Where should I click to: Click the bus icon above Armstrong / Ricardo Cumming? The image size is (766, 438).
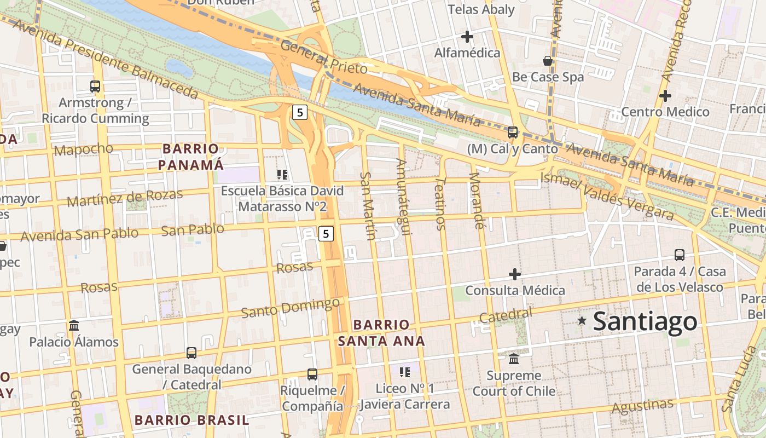[95, 86]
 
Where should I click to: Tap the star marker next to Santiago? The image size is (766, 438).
[582, 320]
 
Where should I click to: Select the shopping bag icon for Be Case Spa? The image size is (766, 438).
[548, 60]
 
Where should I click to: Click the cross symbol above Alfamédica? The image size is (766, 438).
[467, 37]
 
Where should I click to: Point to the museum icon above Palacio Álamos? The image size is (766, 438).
[74, 326]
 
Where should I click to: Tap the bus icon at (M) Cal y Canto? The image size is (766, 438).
[513, 132]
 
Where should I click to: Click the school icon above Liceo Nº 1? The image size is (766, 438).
[405, 373]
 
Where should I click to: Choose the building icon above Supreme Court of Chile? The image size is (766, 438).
[514, 359]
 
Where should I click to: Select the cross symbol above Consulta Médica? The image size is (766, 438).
[515, 274]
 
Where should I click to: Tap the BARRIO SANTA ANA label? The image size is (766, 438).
[381, 333]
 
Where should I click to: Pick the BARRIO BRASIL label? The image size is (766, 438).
[191, 420]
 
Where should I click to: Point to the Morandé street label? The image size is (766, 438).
[477, 200]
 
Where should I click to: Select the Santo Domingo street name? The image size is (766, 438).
[291, 308]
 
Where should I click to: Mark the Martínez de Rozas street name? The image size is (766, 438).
[125, 198]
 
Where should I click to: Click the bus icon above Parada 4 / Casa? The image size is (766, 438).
[680, 255]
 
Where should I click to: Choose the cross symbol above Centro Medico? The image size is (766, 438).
[665, 96]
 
